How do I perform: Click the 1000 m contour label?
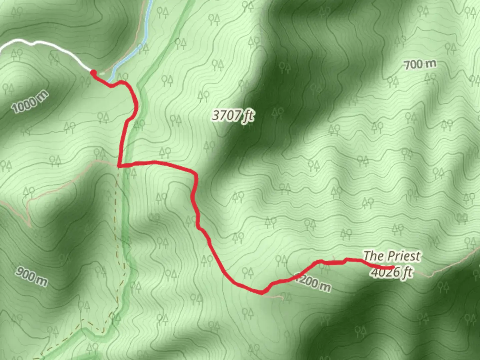click(x=30, y=102)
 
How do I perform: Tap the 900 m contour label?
click(x=32, y=277)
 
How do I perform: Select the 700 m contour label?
click(x=420, y=64)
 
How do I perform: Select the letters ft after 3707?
click(x=248, y=116)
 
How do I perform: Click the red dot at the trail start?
click(x=93, y=72)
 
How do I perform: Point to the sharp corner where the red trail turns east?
click(x=119, y=165)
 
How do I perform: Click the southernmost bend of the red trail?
click(x=262, y=293)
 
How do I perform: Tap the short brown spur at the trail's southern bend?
click(x=277, y=296)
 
